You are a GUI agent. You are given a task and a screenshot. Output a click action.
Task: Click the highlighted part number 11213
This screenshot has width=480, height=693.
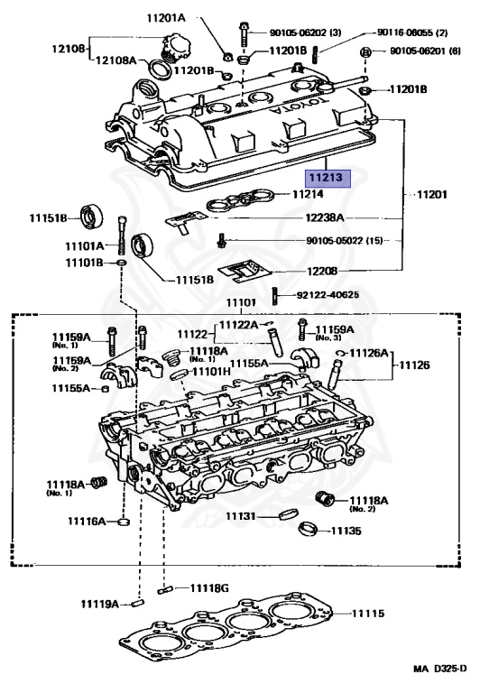(x=328, y=179)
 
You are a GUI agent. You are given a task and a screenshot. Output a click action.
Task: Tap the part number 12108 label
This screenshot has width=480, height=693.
(x=67, y=49)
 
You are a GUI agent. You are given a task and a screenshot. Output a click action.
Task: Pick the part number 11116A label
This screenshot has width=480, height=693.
(x=87, y=522)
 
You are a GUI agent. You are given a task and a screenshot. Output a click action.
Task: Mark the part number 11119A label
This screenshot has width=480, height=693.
(x=99, y=602)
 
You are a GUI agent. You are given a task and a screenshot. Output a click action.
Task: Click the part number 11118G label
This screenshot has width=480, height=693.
(x=208, y=587)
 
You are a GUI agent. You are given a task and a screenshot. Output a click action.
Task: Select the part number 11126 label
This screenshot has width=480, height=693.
(x=416, y=365)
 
